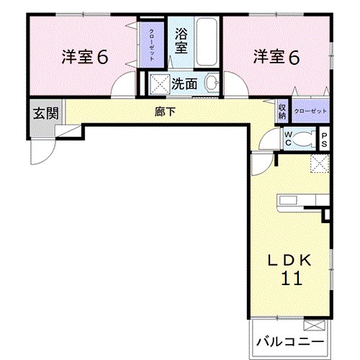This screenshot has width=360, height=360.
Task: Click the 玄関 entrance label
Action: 45,113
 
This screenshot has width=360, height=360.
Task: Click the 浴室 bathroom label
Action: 182,40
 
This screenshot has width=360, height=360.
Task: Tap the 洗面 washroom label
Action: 184,83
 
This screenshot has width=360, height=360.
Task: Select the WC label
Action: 287,138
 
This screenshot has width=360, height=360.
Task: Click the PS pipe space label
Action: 324,138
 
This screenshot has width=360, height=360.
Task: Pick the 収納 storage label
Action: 282,111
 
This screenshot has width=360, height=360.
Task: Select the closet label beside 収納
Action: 310,112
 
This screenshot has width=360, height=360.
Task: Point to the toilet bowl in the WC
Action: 305,138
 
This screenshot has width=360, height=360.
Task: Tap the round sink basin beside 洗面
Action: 211,84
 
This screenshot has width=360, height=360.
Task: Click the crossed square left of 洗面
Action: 158,84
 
